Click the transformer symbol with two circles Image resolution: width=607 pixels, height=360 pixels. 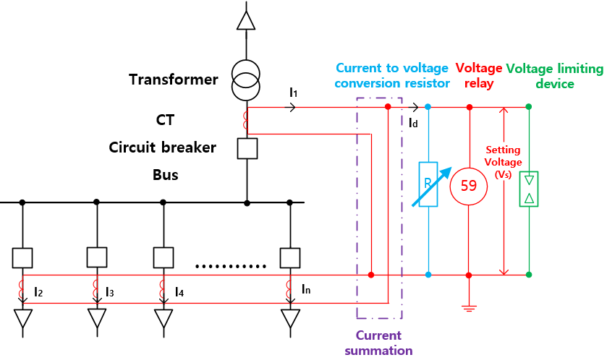[x=246, y=80]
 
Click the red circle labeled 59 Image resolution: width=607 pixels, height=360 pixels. [x=469, y=186]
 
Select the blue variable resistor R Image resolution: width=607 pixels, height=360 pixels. [x=428, y=185]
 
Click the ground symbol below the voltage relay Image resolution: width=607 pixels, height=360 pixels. [x=469, y=309]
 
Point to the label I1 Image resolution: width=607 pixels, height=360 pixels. [x=293, y=93]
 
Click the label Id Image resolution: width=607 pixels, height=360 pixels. [x=413, y=123]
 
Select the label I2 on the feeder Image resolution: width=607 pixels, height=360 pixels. [x=38, y=292]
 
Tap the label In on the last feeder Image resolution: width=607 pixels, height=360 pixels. [x=307, y=289]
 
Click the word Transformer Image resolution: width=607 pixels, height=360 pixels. [x=173, y=80]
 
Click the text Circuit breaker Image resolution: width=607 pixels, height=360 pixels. [x=162, y=147]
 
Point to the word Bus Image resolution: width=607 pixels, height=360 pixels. [x=165, y=175]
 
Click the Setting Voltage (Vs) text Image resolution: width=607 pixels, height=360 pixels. [x=503, y=163]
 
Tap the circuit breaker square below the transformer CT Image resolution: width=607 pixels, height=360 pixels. [x=247, y=148]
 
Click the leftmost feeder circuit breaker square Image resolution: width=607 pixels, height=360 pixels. [x=23, y=257]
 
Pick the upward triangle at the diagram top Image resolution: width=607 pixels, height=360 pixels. [x=246, y=20]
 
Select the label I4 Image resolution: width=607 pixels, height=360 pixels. [x=179, y=292]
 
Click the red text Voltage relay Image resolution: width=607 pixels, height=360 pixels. [x=478, y=75]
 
